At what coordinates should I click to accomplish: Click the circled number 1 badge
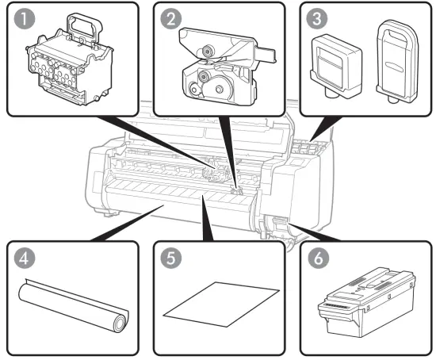point(25,18)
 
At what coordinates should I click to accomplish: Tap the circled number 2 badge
point(171,18)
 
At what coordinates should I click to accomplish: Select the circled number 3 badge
point(317,18)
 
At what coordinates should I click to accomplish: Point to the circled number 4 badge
point(25,258)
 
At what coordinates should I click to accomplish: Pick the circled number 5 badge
point(171,258)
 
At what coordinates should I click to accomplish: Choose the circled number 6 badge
point(319,258)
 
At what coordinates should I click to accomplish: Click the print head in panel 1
point(70,59)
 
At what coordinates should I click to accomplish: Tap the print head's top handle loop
point(84,26)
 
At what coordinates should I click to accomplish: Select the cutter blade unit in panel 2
point(227,67)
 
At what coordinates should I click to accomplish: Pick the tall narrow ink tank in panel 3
point(398,61)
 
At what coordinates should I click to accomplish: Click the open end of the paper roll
point(120,324)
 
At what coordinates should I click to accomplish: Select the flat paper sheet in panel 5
point(221,304)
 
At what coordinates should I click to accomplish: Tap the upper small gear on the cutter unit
point(207,51)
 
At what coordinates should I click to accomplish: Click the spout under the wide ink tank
point(331,94)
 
